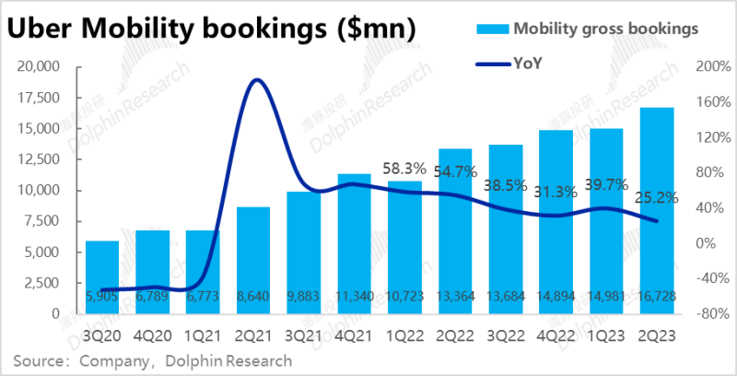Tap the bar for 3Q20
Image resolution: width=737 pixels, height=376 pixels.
click(101, 276)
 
